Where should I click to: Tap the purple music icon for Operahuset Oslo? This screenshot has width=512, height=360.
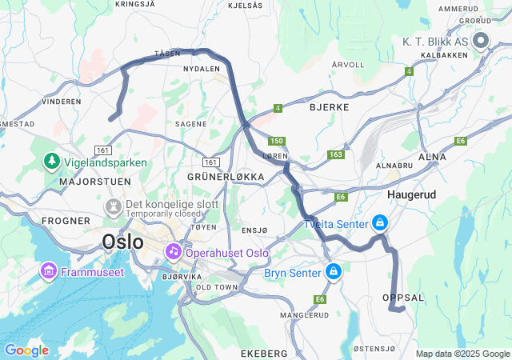point(173,252)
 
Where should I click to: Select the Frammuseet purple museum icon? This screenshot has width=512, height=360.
point(47,272)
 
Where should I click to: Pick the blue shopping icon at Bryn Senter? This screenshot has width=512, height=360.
point(332,273)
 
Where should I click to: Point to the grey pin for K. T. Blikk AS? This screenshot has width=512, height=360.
point(481,40)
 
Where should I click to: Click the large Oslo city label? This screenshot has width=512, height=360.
point(122,242)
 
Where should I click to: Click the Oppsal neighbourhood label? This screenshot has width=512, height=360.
point(404,297)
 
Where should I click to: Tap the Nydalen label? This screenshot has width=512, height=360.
point(201,69)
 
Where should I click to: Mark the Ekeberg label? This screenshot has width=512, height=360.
point(263,353)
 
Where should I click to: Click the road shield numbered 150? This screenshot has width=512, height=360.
point(276,141)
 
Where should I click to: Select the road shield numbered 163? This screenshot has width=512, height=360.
point(335,154)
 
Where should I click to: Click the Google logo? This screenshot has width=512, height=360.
point(26,350)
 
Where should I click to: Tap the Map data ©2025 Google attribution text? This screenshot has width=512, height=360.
point(462,354)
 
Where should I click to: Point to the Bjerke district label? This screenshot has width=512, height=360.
point(329,105)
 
